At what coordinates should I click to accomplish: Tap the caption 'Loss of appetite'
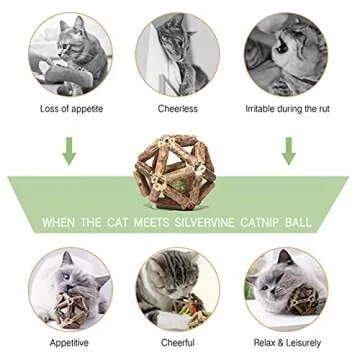point(69,108)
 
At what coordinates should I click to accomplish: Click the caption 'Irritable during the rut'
point(288,108)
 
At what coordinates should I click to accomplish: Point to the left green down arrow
point(68,150)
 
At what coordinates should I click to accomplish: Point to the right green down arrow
point(289,150)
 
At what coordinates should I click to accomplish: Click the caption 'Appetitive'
point(69,339)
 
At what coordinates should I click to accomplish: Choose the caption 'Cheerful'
point(178,339)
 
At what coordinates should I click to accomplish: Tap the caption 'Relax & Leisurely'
point(289,339)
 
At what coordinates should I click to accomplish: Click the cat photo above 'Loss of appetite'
point(69,53)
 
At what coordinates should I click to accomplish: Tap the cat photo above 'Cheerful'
point(178,287)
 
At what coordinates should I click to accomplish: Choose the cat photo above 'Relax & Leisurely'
point(289,287)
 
